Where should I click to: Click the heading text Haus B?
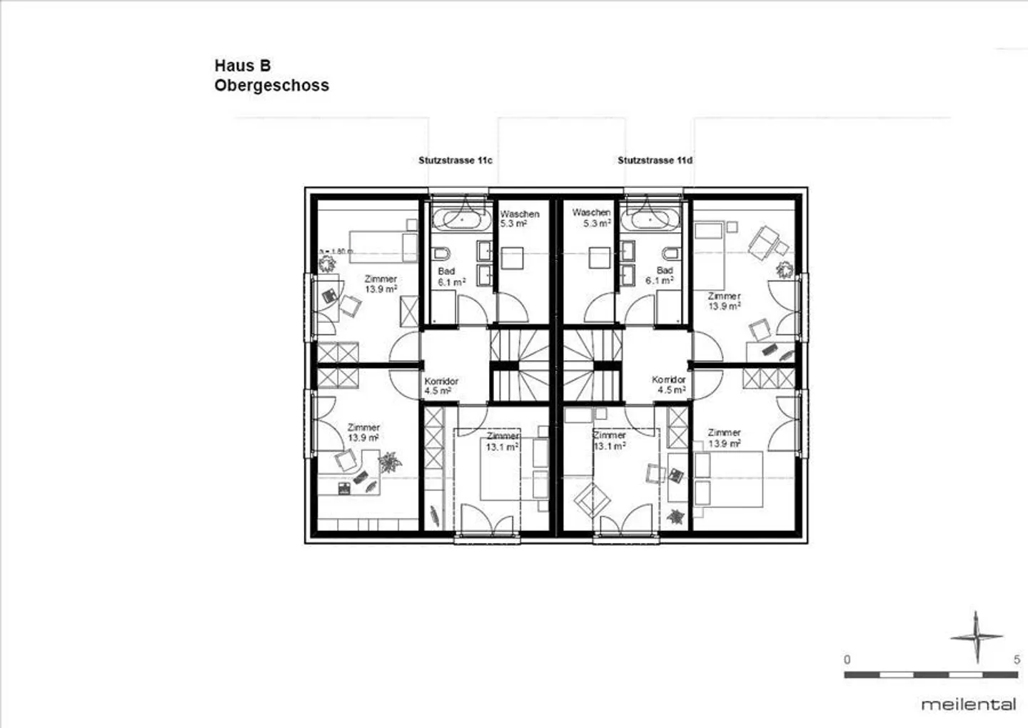click(x=243, y=66)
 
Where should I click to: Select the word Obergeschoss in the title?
click(x=271, y=86)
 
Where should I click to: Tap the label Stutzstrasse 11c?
click(x=455, y=161)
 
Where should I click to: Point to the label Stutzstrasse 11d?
click(x=655, y=161)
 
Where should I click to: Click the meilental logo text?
click(x=968, y=704)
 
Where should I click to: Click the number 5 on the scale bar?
click(x=1017, y=660)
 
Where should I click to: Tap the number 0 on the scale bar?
click(x=847, y=660)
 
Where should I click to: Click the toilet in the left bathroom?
click(x=440, y=254)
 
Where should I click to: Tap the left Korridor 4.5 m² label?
click(x=440, y=386)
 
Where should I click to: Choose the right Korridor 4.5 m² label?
click(x=669, y=385)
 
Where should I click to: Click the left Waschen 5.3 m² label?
click(x=519, y=219)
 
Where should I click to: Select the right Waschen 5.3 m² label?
click(x=592, y=218)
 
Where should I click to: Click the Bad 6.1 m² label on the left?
click(x=451, y=276)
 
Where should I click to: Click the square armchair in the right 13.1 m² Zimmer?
click(x=592, y=499)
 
